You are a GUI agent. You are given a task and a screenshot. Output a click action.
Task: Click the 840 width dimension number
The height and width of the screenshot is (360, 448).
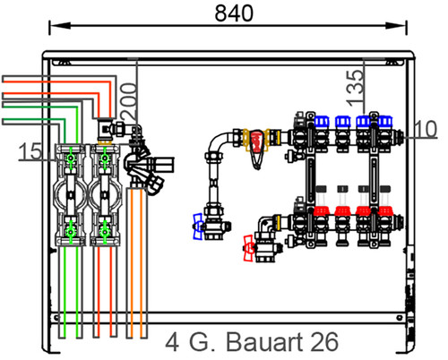[x=234, y=13]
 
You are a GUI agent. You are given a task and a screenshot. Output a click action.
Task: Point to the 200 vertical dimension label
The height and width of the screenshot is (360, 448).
[x=129, y=102]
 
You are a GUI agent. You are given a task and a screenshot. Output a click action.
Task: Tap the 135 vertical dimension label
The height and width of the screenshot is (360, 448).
[x=356, y=88]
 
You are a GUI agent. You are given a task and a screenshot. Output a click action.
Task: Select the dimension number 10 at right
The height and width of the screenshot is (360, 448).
[x=426, y=129]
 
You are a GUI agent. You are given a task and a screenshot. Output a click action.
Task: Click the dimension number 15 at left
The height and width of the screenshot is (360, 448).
[x=30, y=151]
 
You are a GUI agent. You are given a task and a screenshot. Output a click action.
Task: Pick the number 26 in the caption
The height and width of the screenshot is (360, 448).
[x=324, y=342]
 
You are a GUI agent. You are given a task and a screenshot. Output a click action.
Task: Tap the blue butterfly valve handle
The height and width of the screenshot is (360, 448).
[x=198, y=227]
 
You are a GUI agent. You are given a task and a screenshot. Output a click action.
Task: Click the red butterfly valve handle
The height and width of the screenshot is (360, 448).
[x=249, y=248]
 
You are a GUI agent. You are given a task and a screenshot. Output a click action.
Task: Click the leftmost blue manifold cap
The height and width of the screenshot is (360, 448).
[x=322, y=121]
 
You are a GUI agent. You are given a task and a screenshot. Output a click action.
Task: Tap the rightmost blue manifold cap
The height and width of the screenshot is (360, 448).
[x=385, y=121]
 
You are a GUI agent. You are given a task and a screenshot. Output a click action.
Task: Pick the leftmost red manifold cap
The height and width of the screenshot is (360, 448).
[x=322, y=210]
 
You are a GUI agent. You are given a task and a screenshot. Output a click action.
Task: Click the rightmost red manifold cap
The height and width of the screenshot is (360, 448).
[x=384, y=210]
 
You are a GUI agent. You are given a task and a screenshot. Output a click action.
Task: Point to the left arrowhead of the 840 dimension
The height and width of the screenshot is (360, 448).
[x=60, y=25]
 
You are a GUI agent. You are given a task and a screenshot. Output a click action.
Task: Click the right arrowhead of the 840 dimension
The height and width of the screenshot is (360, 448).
[x=396, y=25]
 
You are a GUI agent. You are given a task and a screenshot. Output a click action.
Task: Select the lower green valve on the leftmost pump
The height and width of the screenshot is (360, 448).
[x=71, y=231]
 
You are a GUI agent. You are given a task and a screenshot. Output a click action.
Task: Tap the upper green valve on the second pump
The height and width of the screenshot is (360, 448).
[x=105, y=159]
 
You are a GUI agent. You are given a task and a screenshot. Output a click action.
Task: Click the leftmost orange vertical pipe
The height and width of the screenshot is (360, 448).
[x=130, y=262]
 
